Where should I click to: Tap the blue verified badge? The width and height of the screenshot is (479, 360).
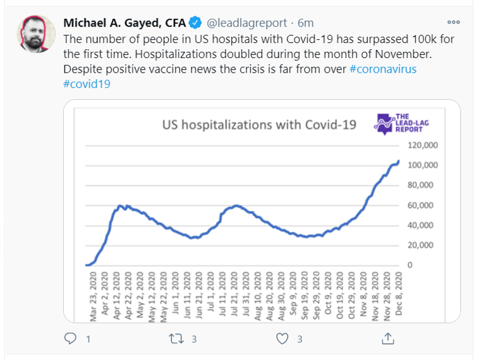196,23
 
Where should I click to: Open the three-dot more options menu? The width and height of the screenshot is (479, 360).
454,21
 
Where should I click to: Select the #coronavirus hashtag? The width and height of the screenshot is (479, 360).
383,69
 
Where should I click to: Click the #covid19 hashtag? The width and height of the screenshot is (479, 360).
87,83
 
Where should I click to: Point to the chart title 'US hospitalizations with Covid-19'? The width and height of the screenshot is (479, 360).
259,124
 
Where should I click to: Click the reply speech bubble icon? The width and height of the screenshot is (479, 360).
71,339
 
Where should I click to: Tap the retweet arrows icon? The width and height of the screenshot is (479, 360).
176,339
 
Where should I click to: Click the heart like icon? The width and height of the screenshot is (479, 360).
282,339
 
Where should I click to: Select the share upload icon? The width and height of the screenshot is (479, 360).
387,339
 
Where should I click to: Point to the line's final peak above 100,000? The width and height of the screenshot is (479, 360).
398,161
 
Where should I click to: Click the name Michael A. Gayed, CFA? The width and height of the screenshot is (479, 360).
124,23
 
